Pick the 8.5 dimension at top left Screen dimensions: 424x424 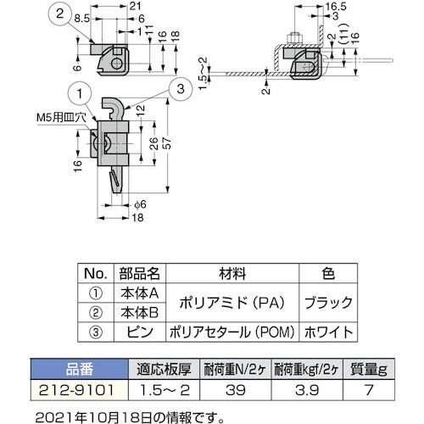(82, 16)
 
